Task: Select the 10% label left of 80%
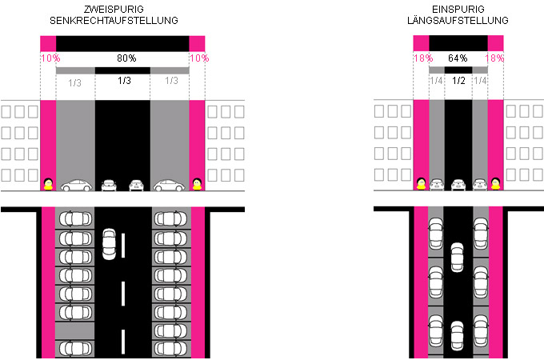tap(47, 58)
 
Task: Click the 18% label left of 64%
tap(422, 58)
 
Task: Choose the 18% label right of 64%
tap(495, 58)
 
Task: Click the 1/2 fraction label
tap(458, 81)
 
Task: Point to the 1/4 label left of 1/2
tap(436, 81)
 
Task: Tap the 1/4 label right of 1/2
tap(480, 81)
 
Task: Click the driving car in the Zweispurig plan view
tap(110, 245)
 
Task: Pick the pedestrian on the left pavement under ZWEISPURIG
tap(48, 186)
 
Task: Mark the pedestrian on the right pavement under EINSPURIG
tap(496, 186)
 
